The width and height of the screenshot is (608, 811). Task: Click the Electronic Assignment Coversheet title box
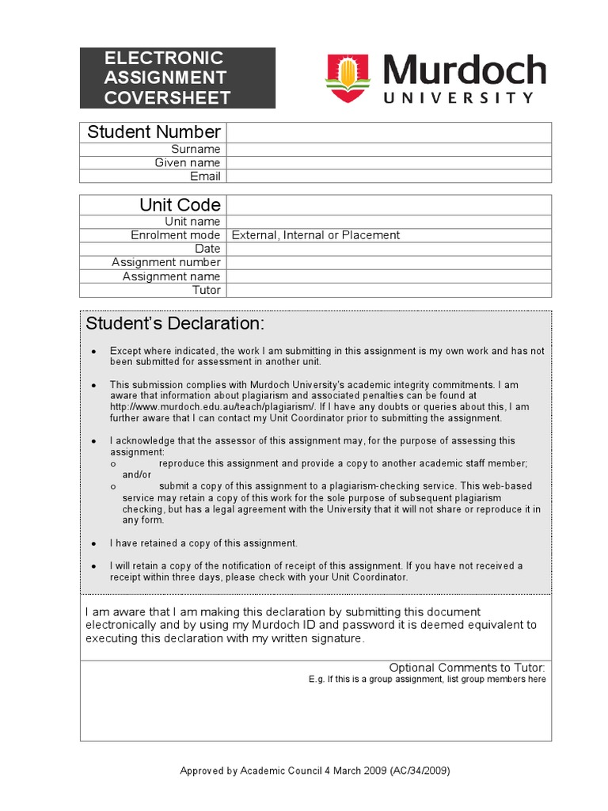(177, 78)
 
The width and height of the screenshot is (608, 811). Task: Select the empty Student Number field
(389, 132)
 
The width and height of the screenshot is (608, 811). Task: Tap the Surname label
(196, 149)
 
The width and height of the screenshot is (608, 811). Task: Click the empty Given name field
(389, 162)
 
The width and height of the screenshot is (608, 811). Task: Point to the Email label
(205, 176)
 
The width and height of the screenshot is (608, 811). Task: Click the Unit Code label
(180, 204)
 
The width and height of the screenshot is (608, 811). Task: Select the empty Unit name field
(389, 221)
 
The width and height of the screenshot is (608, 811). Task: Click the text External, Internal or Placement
(315, 235)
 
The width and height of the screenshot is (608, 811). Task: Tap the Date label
(207, 249)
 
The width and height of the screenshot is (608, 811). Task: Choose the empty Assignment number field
(389, 262)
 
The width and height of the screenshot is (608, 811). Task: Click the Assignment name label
(171, 276)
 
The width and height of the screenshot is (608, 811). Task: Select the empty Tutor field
(389, 290)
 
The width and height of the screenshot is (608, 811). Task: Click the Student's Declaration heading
(175, 324)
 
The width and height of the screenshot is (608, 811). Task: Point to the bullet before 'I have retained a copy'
(94, 544)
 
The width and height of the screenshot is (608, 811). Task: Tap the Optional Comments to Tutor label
(466, 668)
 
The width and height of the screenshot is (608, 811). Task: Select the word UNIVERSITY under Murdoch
(459, 98)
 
